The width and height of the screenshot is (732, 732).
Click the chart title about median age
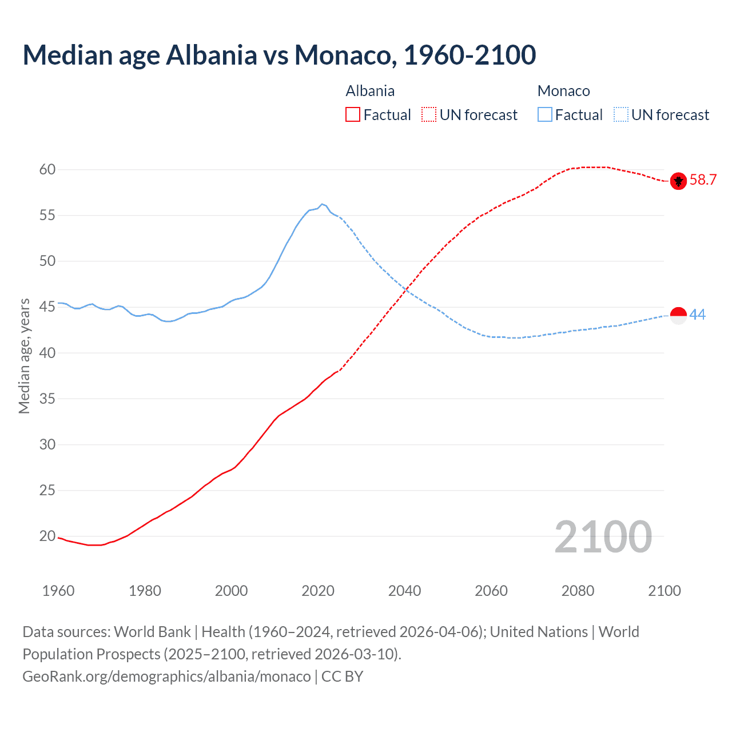click(x=279, y=55)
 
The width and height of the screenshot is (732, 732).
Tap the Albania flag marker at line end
click(x=678, y=181)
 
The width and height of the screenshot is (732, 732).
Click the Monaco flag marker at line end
click(x=678, y=316)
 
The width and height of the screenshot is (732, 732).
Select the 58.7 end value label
click(x=703, y=180)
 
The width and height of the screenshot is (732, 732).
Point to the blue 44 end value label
click(x=698, y=315)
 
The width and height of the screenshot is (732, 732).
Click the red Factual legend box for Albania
click(x=353, y=115)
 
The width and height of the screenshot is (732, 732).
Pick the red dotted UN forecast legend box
click(x=429, y=115)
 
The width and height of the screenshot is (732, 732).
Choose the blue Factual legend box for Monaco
click(x=545, y=115)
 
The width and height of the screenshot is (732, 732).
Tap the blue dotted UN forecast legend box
click(x=620, y=115)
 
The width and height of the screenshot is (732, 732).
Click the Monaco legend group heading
click(x=563, y=91)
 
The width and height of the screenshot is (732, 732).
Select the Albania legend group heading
click(x=370, y=91)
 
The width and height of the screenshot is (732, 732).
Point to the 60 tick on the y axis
click(x=47, y=169)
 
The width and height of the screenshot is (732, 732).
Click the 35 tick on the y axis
click(x=47, y=399)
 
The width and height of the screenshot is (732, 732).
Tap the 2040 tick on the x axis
click(x=404, y=591)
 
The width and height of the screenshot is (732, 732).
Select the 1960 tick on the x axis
click(x=58, y=591)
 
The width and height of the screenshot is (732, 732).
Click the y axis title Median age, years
click(x=24, y=356)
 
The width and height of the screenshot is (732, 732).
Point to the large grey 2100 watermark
click(x=603, y=536)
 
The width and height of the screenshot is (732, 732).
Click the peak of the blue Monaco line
click(x=322, y=204)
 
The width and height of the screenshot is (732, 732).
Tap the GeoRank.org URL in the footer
click(x=166, y=677)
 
